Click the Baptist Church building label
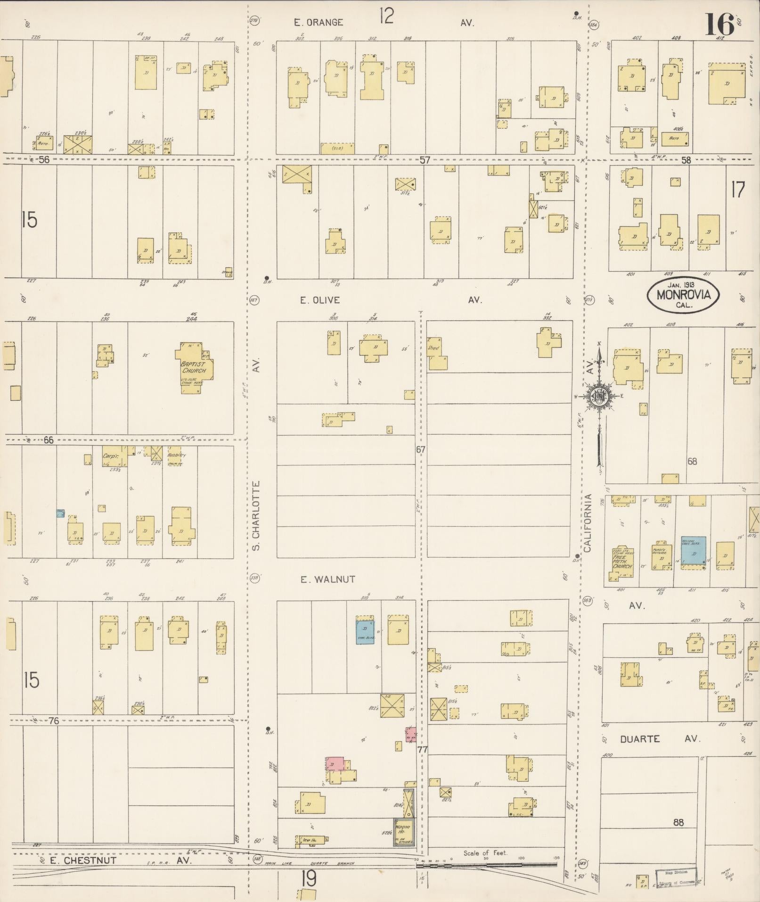pyautogui.click(x=194, y=367)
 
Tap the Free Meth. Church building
pyautogui.click(x=621, y=562)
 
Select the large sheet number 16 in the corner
pyautogui.click(x=719, y=25)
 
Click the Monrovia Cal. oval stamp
pyautogui.click(x=683, y=295)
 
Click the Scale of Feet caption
pyautogui.click(x=485, y=853)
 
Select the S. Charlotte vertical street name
pyautogui.click(x=256, y=516)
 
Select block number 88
pyautogui.click(x=678, y=823)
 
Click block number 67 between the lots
pyautogui.click(x=421, y=449)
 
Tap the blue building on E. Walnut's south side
pyautogui.click(x=365, y=629)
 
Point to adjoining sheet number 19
pyautogui.click(x=309, y=878)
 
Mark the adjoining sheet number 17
pyautogui.click(x=738, y=190)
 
